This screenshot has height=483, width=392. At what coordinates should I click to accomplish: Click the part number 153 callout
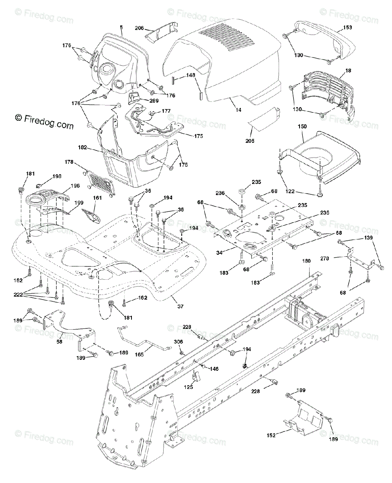(347, 28)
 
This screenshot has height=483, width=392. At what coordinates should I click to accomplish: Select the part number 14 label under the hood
(238, 109)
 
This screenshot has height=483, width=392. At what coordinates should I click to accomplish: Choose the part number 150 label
(302, 126)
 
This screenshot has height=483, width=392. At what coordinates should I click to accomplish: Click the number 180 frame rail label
(307, 261)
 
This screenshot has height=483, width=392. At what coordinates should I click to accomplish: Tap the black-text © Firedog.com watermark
(44, 121)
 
